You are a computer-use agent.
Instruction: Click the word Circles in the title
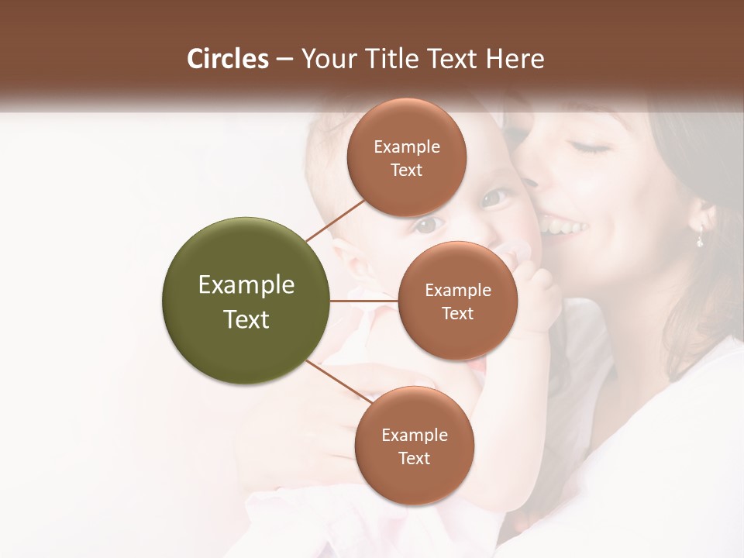pyautogui.click(x=227, y=59)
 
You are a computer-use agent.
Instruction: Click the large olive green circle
pyautogui.click(x=246, y=301)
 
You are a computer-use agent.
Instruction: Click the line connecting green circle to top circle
pyautogui.click(x=335, y=219)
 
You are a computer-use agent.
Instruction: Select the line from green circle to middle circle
pyautogui.click(x=363, y=301)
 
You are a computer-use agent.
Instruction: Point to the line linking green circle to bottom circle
pyautogui.click(x=339, y=381)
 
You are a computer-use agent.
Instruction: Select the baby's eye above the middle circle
pyautogui.click(x=428, y=226)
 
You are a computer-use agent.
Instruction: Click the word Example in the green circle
pyautogui.click(x=246, y=285)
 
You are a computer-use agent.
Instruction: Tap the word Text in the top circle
pyautogui.click(x=406, y=170)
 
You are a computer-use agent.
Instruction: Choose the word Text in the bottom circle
pyautogui.click(x=414, y=458)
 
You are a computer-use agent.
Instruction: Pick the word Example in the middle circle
pyautogui.click(x=457, y=291)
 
